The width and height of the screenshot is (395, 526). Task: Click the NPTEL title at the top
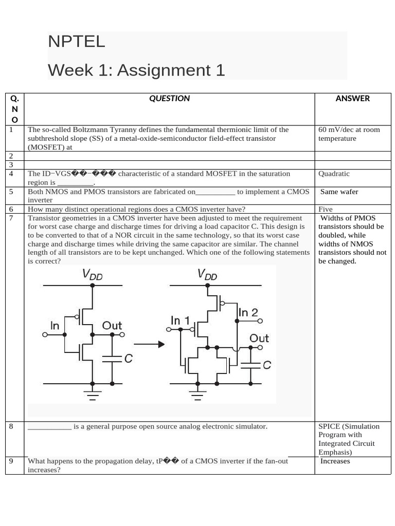pos(77,42)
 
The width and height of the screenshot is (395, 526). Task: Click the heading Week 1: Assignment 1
pos(136,70)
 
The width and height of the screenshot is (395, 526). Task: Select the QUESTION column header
pos(169,98)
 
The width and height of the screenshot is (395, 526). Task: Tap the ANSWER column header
pos(352,98)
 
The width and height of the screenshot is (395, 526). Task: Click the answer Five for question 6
pos(326,209)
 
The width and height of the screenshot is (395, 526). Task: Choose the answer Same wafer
pos(339,192)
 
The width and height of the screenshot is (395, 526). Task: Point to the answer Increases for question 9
pos(335,461)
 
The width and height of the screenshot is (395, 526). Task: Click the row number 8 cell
pos(11,426)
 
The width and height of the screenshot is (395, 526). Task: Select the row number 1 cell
pos(11,129)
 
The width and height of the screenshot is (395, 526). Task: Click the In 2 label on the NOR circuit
pos(248,312)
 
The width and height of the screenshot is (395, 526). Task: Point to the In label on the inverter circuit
pos(55,326)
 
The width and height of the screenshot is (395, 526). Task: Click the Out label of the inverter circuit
pos(112,326)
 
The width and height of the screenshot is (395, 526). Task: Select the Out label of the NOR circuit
pos(259,338)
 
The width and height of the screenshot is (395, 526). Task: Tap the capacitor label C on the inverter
pos(128,359)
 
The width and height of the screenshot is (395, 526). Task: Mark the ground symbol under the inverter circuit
pos(93,394)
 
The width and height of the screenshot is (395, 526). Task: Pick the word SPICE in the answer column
pos(329,426)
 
